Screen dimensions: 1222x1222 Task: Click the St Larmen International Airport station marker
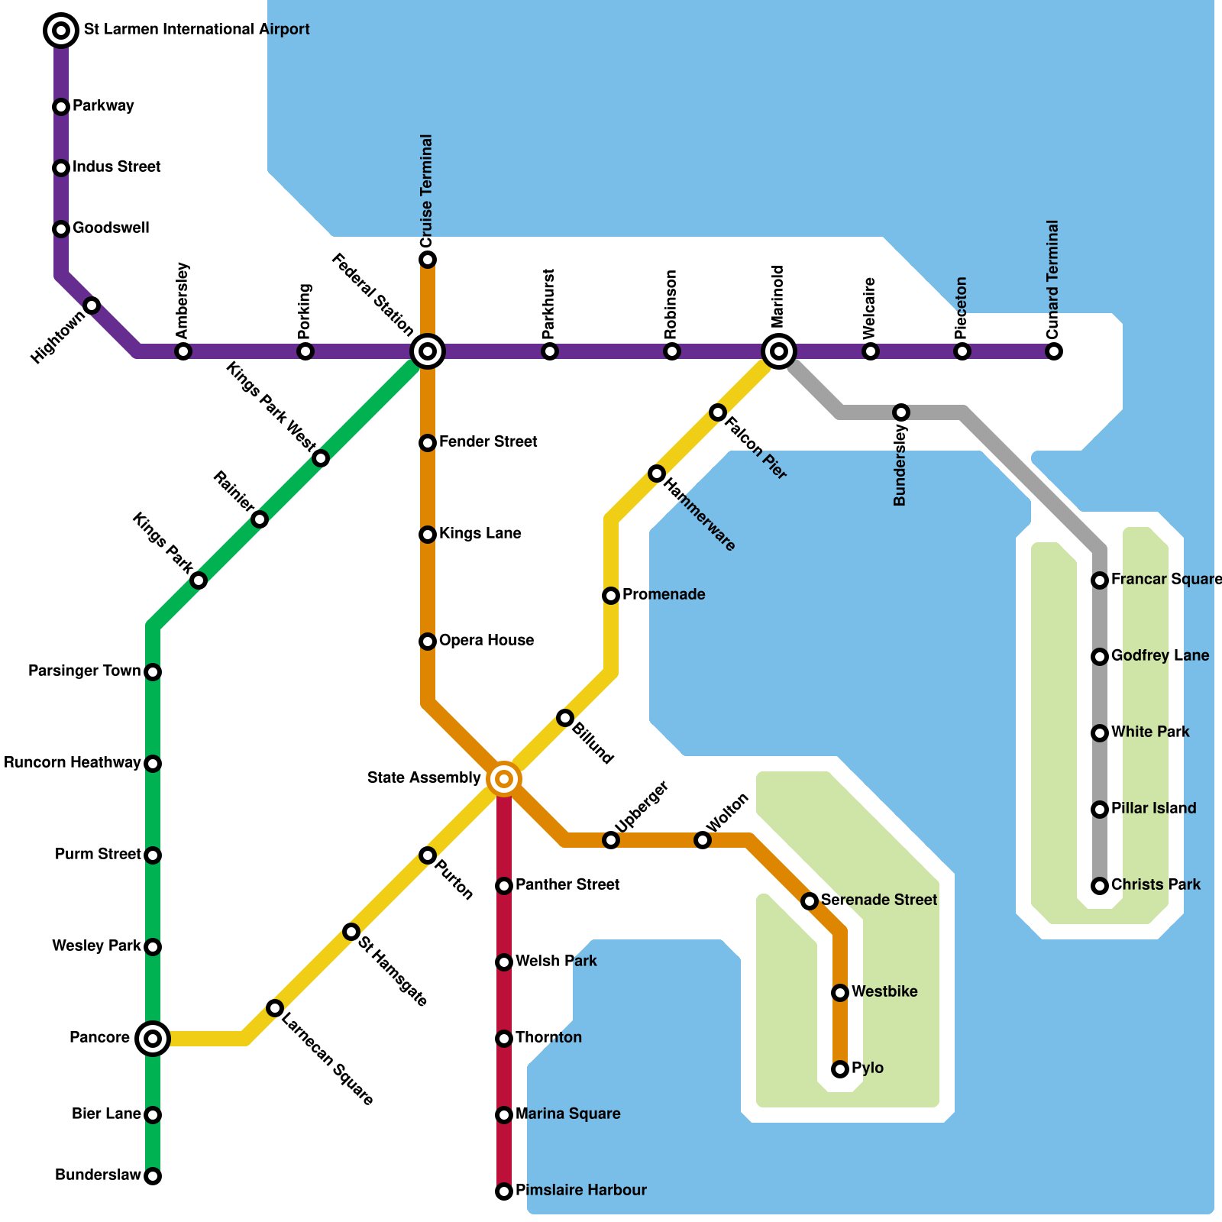click(61, 31)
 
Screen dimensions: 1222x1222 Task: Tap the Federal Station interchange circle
click(428, 351)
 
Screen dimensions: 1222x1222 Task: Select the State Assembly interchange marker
click(504, 779)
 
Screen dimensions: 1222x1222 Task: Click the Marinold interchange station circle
click(779, 351)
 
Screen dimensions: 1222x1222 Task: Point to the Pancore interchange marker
click(153, 1039)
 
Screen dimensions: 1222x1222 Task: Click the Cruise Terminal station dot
click(428, 260)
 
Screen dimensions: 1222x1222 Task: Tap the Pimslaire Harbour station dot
click(504, 1191)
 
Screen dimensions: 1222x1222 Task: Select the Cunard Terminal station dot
click(1054, 351)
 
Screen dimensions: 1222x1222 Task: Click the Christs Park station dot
click(1100, 886)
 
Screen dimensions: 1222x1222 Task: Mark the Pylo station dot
click(840, 1069)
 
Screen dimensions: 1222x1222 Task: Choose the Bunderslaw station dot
click(153, 1176)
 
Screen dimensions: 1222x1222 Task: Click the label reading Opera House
click(487, 640)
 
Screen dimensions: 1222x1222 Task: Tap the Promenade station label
click(664, 594)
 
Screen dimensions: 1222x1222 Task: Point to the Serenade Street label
click(879, 900)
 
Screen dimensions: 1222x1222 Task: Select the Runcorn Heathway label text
click(73, 762)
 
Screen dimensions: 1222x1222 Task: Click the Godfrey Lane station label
click(1160, 655)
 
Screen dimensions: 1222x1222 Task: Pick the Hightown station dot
click(92, 305)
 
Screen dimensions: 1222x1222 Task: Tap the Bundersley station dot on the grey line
click(901, 412)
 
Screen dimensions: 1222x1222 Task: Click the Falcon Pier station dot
click(718, 412)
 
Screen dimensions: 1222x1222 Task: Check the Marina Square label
click(568, 1114)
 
